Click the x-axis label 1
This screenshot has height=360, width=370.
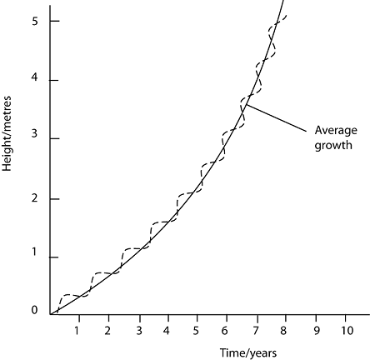(77, 331)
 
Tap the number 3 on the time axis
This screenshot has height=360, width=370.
(139, 331)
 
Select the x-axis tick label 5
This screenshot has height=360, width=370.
(196, 331)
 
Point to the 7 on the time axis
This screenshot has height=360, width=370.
(256, 331)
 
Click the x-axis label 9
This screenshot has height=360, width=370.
(317, 331)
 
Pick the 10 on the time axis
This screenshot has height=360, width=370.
(347, 331)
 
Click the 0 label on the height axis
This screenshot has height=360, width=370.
(34, 310)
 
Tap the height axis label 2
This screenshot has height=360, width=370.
(34, 198)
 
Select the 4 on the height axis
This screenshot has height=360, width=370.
(34, 77)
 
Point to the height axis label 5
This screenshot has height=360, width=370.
(34, 21)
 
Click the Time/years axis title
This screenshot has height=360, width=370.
(248, 353)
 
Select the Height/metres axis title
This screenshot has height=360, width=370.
(7, 133)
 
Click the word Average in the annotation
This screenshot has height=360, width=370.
(336, 130)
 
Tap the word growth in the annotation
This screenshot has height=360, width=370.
(333, 146)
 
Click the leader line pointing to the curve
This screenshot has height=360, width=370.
(276, 117)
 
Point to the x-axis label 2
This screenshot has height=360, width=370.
(107, 331)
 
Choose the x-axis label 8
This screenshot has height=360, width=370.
(283, 331)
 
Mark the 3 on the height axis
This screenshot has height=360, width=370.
(34, 134)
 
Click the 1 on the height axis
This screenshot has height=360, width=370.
(34, 252)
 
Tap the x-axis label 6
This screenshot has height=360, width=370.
(224, 331)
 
